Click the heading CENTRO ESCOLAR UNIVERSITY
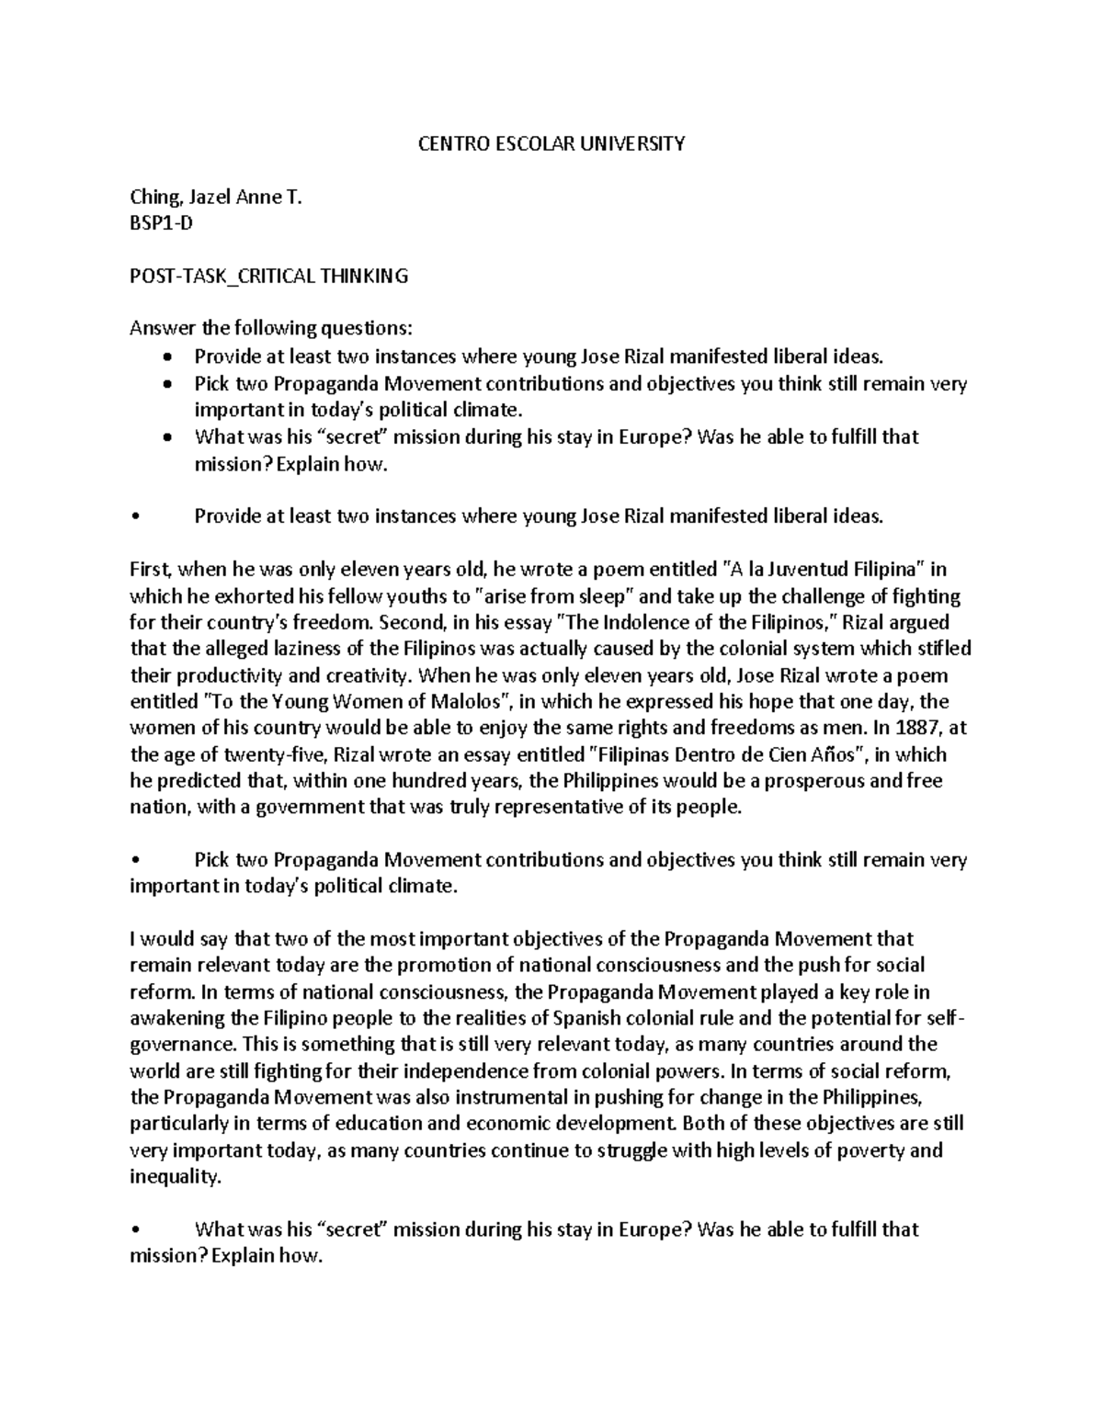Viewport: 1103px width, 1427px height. click(x=551, y=143)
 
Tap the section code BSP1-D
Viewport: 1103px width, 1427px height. click(x=162, y=223)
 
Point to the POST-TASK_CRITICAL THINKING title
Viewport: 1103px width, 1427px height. click(x=268, y=276)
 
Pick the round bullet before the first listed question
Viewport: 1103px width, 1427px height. click(x=165, y=357)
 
